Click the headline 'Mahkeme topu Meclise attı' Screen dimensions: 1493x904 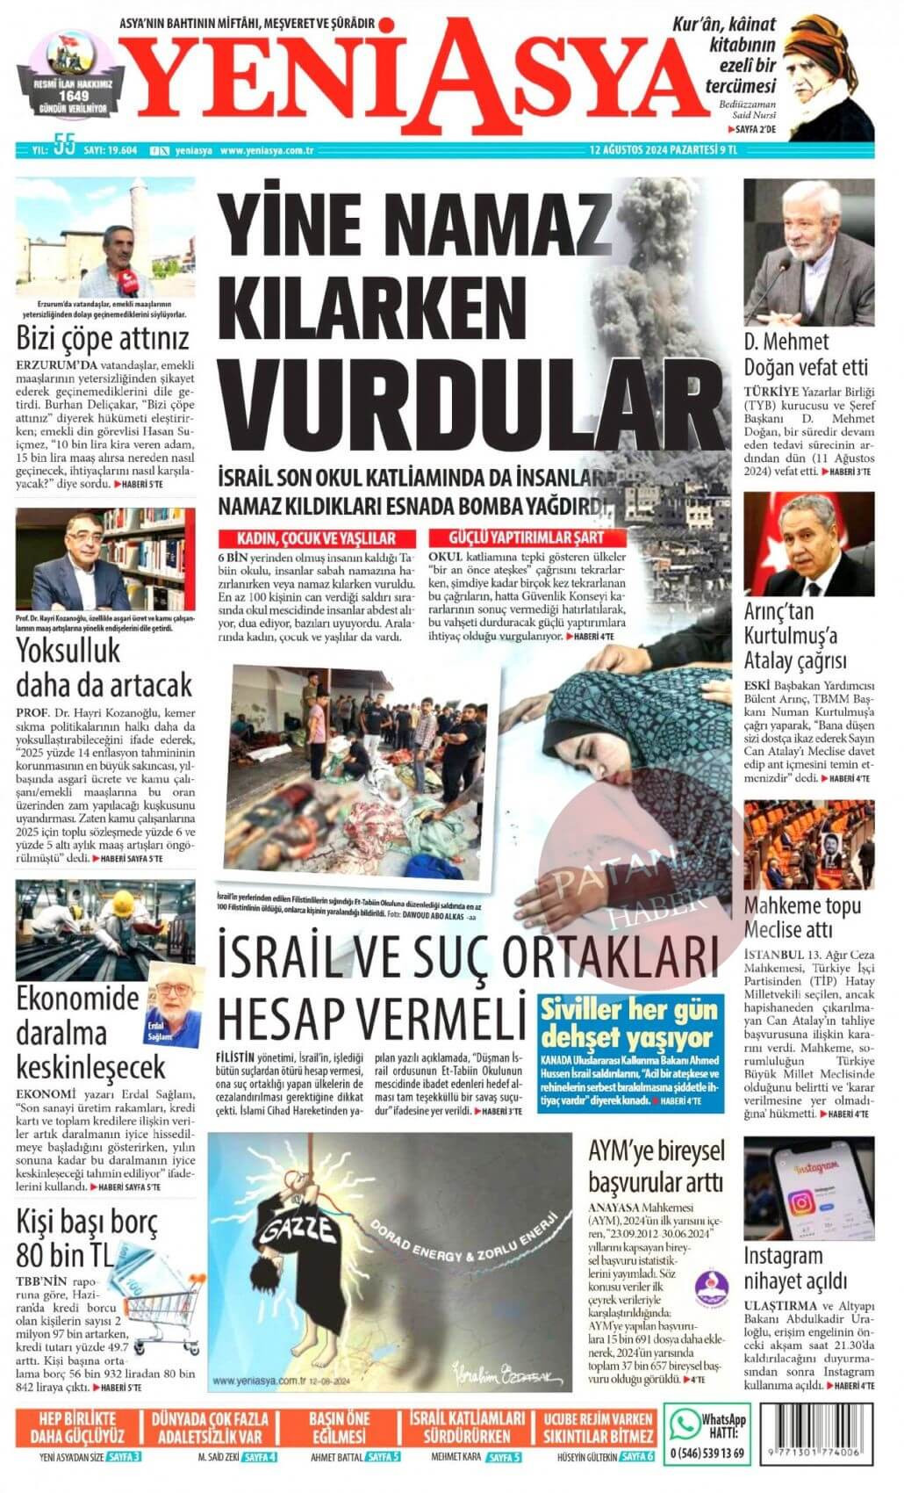click(802, 918)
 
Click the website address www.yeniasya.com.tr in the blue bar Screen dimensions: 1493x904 click(267, 149)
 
